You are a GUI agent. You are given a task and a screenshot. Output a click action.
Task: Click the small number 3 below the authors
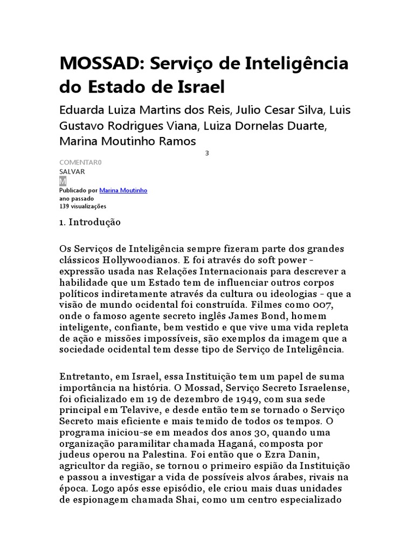pyautogui.click(x=207, y=153)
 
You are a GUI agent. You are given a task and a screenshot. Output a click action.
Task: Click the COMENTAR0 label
pyautogui.click(x=80, y=162)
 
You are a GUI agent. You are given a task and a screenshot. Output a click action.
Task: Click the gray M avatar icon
pyautogui.click(x=63, y=181)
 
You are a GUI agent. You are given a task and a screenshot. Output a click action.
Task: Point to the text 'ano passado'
pyautogui.click(x=76, y=198)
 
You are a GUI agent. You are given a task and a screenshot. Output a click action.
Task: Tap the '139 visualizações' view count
pyautogui.click(x=82, y=206)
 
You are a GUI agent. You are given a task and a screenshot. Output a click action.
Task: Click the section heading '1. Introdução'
pyautogui.click(x=90, y=222)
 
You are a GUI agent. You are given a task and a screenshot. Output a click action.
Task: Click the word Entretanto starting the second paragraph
pyautogui.click(x=86, y=376)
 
